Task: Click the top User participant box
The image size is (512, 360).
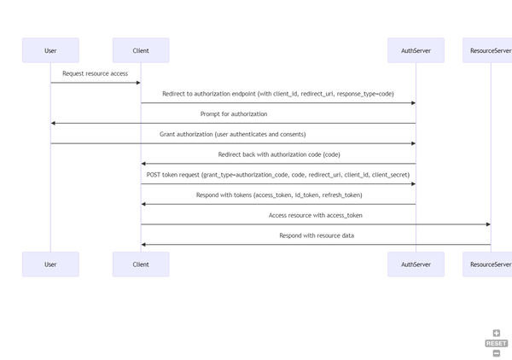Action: (50, 50)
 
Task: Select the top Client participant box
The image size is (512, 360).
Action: (141, 50)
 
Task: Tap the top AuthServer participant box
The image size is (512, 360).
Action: (416, 50)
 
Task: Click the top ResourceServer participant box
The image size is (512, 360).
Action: (489, 50)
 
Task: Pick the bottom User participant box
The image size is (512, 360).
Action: (50, 264)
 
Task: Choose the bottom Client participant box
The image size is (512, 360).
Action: (141, 264)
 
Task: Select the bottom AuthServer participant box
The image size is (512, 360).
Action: (416, 264)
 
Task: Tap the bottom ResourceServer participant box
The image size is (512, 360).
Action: (489, 264)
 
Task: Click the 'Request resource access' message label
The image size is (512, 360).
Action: (95, 73)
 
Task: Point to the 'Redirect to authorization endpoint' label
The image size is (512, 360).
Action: (278, 94)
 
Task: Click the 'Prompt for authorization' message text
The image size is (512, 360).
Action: (233, 113)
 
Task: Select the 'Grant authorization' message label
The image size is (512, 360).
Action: (232, 134)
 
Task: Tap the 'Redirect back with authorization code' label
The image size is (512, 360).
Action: (278, 154)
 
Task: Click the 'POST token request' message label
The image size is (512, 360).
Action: (278, 175)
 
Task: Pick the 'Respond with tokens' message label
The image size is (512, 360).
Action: (278, 195)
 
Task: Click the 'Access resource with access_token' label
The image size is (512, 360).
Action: (315, 215)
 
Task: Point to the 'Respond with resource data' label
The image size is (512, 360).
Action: (316, 235)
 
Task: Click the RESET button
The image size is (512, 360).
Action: (496, 343)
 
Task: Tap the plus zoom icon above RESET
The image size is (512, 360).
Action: (497, 334)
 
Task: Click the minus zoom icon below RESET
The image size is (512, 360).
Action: (497, 353)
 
